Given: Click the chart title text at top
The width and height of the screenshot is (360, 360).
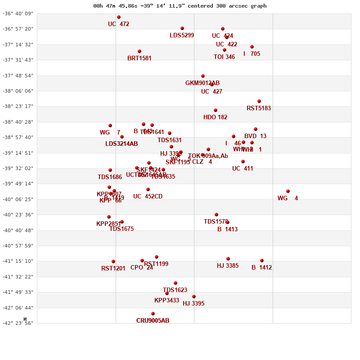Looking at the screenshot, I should (180, 6).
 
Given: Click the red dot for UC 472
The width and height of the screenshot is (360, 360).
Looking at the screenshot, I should (119, 17).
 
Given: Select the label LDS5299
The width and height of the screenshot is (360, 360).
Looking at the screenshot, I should (182, 36).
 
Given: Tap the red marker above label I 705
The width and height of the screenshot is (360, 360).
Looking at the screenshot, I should (252, 47).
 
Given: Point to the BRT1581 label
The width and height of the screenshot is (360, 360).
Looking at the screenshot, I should (139, 58).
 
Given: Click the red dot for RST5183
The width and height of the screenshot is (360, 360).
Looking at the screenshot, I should (259, 101).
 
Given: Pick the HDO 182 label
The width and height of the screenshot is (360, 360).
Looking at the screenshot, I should (215, 117).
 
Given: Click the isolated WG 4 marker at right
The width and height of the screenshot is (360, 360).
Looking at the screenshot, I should (288, 191).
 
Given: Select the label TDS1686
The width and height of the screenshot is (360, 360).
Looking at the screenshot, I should (110, 177).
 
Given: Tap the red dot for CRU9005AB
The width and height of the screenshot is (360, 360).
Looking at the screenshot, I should (153, 314).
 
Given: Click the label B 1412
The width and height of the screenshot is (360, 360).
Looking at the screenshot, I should (261, 268).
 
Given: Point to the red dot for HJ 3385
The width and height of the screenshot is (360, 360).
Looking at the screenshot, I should (228, 259).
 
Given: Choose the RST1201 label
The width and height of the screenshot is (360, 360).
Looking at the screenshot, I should (113, 269).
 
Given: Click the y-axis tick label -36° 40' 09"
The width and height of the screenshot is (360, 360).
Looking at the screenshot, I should (18, 13).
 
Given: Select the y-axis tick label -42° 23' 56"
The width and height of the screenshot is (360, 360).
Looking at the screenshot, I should (18, 323).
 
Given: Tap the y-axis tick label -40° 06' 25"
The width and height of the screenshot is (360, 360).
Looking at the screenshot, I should (18, 199).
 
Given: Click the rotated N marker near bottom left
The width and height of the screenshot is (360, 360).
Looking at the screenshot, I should (25, 319).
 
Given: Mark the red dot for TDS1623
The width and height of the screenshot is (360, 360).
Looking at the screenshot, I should (175, 283).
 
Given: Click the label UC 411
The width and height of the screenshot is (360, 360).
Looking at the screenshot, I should (243, 169).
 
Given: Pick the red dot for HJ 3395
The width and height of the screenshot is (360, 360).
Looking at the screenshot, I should (194, 297).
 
